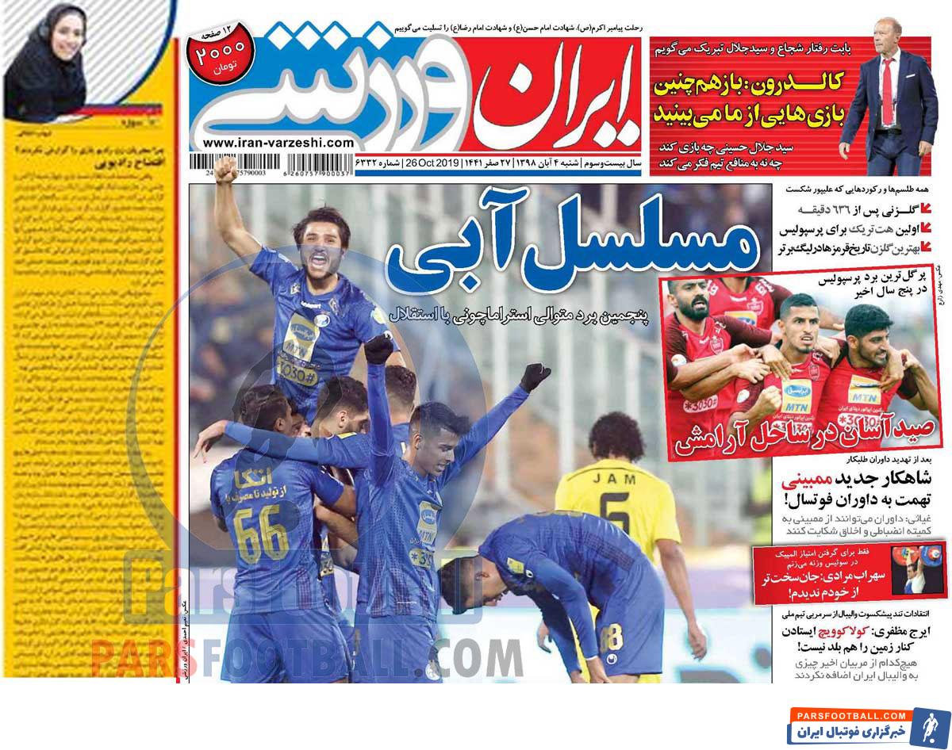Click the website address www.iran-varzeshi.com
pos(278,143)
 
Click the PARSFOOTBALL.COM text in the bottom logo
pos(849,715)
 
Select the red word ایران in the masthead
pos(547,91)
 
